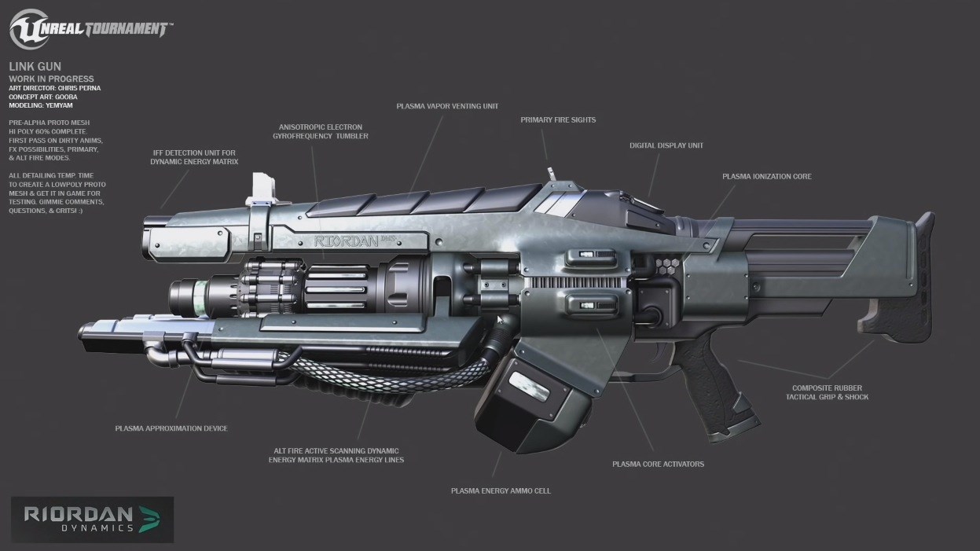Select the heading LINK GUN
pos(35,68)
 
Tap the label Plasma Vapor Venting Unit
pos(446,105)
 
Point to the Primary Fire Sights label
pos(557,120)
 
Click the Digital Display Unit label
pos(666,145)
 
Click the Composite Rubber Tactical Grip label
pos(827,392)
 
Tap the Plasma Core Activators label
pos(658,464)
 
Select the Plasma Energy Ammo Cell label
pos(501,490)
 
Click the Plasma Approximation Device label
pos(171,428)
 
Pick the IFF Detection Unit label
pos(193,156)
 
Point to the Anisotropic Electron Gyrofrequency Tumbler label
pos(323,130)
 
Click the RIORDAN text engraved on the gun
pos(346,242)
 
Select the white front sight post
pos(262,188)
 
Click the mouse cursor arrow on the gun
pos(500,320)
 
